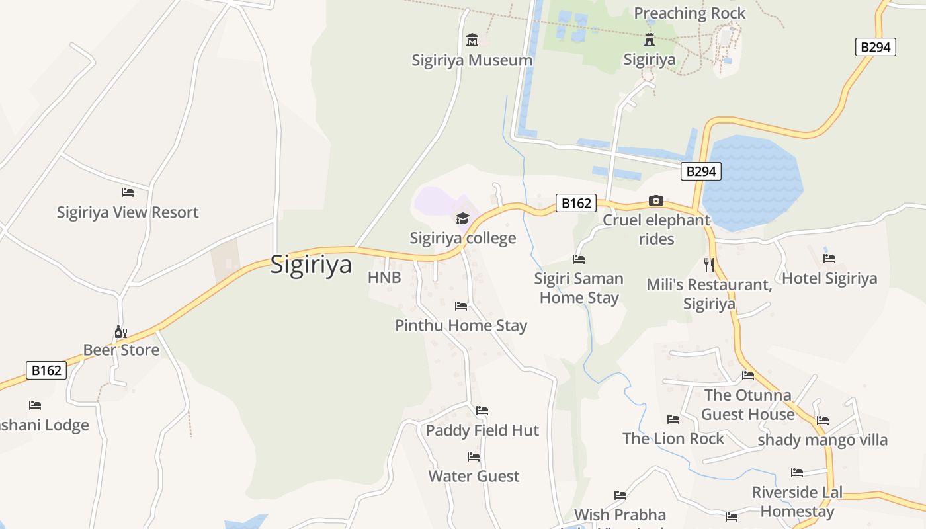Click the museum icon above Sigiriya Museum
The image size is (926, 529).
point(472,41)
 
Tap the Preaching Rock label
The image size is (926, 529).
point(689,13)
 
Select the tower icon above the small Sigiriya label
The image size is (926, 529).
point(650,40)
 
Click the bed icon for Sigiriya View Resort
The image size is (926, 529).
point(128,192)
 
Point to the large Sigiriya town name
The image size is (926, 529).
point(311,265)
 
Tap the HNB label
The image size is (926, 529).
point(384,278)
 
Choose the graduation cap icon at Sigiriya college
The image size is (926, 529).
point(462,218)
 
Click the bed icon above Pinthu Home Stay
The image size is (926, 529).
point(461,306)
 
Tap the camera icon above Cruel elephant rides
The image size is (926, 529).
point(656,200)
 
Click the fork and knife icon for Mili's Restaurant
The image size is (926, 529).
point(709,265)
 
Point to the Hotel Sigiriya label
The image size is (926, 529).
point(829,278)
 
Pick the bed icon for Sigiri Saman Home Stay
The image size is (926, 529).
point(579,259)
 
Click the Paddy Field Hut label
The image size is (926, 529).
point(482,430)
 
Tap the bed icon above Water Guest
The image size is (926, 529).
point(474,457)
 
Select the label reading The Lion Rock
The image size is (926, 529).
point(673,438)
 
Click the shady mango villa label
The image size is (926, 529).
point(822,440)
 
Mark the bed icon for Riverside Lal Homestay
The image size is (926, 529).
point(797,473)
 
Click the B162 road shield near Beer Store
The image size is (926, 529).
point(47,370)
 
